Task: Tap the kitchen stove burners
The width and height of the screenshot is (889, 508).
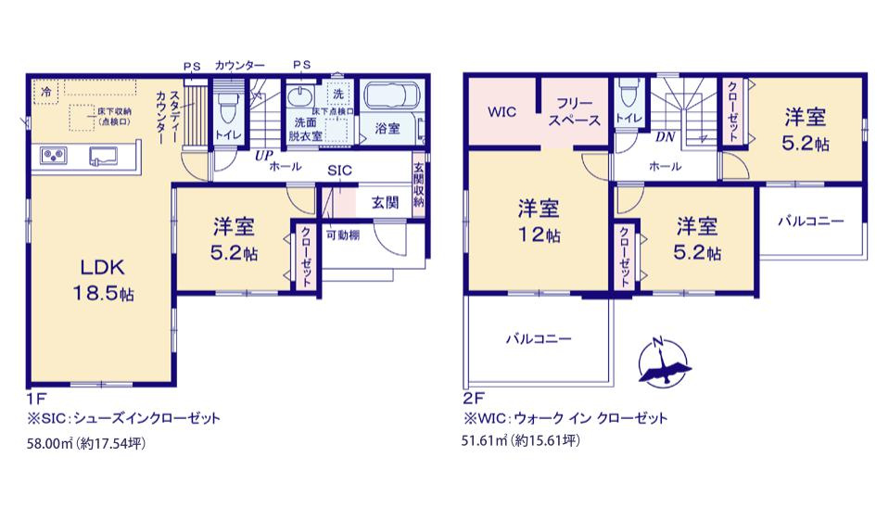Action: click(52, 156)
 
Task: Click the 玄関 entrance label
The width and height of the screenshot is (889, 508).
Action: click(386, 201)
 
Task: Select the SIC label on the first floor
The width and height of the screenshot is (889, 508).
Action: click(339, 171)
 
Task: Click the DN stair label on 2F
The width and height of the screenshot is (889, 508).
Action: click(664, 137)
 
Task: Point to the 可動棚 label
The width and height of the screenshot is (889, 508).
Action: click(342, 234)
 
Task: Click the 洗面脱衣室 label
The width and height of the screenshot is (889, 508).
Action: click(306, 129)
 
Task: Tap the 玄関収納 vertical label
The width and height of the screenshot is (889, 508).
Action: click(419, 186)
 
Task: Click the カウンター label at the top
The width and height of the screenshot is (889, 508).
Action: click(239, 66)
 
